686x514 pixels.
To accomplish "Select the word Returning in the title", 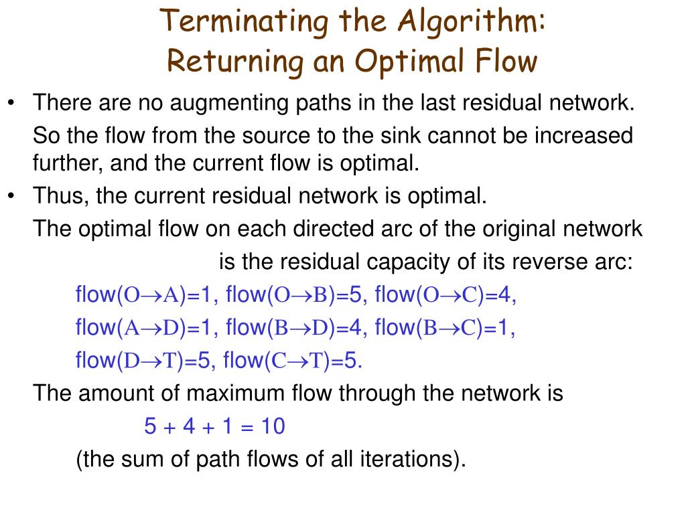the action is pos(235,61).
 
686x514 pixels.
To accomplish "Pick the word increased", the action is pos(584,135).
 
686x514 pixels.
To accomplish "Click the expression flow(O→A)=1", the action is pos(143,294).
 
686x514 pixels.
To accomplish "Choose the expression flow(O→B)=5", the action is pos(293,294).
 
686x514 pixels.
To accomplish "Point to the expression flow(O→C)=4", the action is pos(442,294).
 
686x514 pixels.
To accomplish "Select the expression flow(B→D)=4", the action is pos(293,327).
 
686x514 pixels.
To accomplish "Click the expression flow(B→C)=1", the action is pos(442,327).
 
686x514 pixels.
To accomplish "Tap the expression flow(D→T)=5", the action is pos(143,360).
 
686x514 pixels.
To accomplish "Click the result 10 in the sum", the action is pos(273,426).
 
